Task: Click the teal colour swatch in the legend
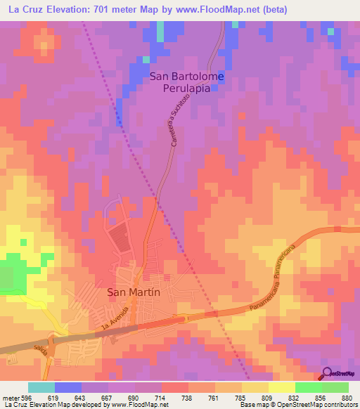click(x=41, y=387)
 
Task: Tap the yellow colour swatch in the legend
click(x=281, y=387)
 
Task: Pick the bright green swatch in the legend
click(x=308, y=387)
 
